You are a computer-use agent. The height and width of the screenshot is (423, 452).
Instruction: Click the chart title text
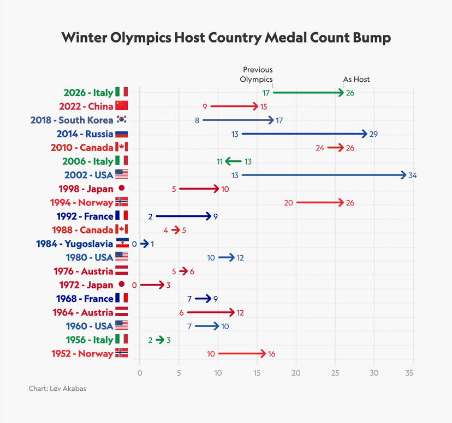(226, 38)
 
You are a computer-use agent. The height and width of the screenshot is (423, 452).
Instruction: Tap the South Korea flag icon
(121, 120)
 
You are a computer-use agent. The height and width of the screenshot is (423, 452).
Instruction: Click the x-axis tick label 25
(335, 373)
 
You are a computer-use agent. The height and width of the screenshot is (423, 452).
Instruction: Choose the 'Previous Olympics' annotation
(257, 75)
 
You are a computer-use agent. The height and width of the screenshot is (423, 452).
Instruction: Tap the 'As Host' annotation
(356, 79)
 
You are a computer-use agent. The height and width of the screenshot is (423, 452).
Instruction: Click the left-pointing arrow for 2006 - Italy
(233, 161)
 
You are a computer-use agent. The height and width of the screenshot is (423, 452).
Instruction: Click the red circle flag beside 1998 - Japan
(121, 189)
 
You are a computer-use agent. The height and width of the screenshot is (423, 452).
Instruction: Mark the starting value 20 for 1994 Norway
(288, 203)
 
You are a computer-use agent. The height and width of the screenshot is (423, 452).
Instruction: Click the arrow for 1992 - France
(183, 216)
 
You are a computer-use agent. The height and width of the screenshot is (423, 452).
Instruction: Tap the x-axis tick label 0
(140, 373)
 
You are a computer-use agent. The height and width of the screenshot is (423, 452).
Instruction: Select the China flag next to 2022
(121, 106)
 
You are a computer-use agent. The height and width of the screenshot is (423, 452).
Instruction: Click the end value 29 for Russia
(373, 134)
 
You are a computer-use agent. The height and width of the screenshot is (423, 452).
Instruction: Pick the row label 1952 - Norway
(82, 353)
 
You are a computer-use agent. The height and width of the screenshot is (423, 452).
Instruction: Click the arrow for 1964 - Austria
(211, 312)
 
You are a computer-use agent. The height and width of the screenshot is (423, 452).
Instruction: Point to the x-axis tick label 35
(413, 373)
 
